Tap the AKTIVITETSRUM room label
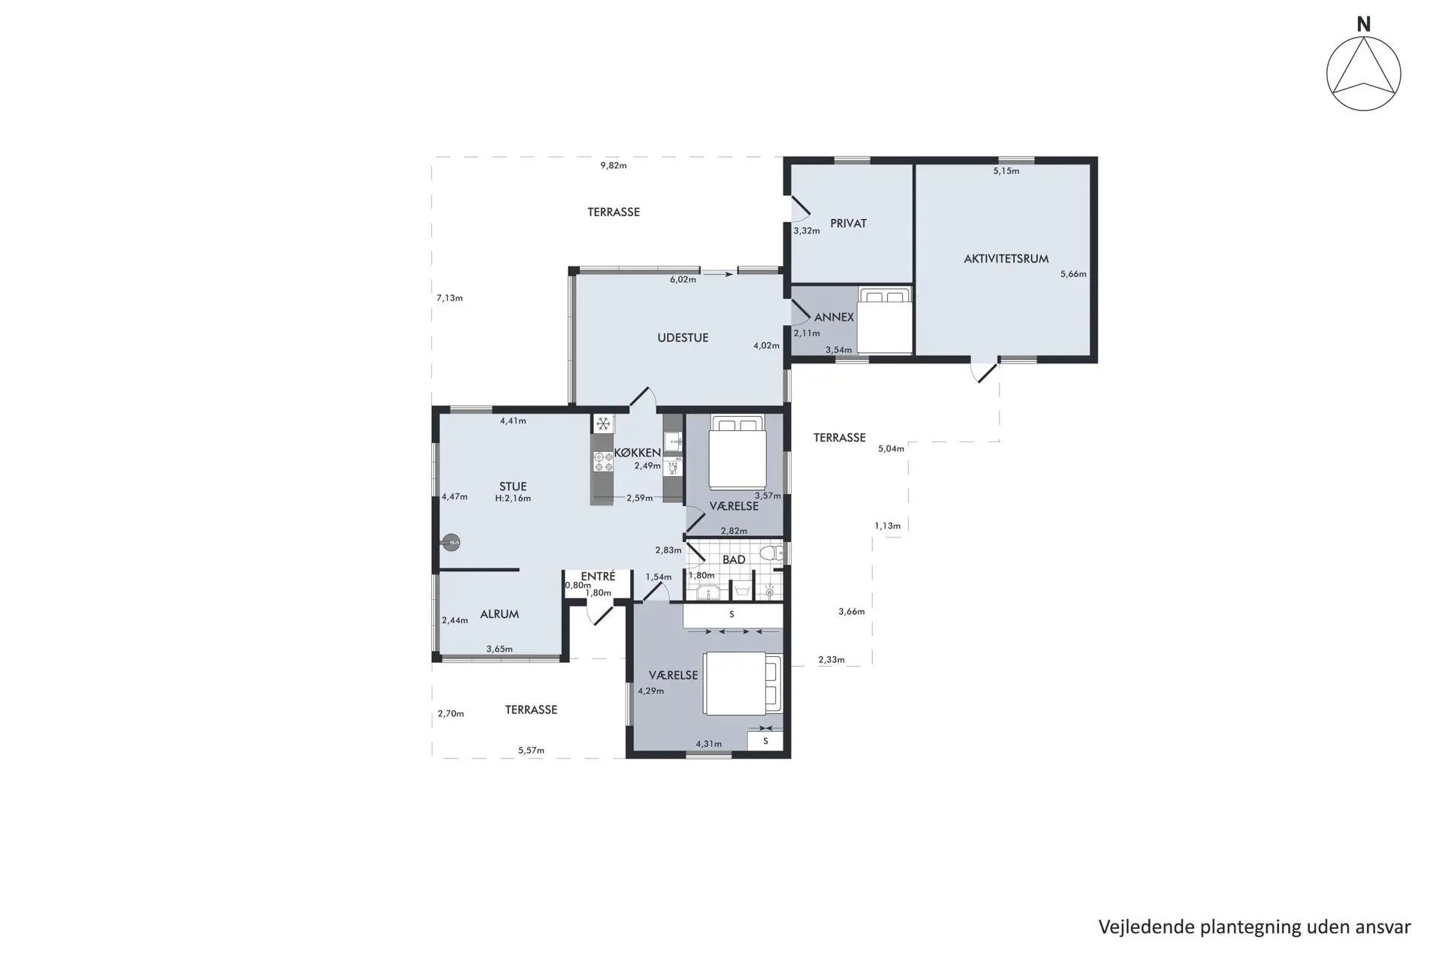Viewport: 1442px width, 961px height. click(1006, 259)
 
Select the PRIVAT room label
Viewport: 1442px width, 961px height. click(848, 224)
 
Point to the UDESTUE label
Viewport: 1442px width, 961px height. click(683, 338)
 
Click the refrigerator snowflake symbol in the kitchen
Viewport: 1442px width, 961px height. click(602, 424)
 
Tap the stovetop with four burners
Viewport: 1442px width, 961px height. click(602, 462)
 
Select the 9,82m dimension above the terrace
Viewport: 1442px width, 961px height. click(614, 165)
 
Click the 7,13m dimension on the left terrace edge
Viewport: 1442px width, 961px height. click(450, 298)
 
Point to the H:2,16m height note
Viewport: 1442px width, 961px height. click(513, 499)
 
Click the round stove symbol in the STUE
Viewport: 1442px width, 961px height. click(451, 542)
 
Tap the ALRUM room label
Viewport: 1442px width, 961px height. click(499, 614)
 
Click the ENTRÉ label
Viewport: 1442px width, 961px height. click(598, 577)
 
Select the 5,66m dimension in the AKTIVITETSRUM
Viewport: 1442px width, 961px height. click(1073, 274)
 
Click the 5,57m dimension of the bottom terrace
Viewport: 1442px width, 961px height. click(531, 750)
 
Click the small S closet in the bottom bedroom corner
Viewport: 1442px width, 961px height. click(765, 741)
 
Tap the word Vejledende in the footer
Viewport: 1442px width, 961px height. click(1147, 926)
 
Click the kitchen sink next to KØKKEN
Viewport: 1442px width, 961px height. click(672, 441)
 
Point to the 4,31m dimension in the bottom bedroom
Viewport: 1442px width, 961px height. click(708, 744)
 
